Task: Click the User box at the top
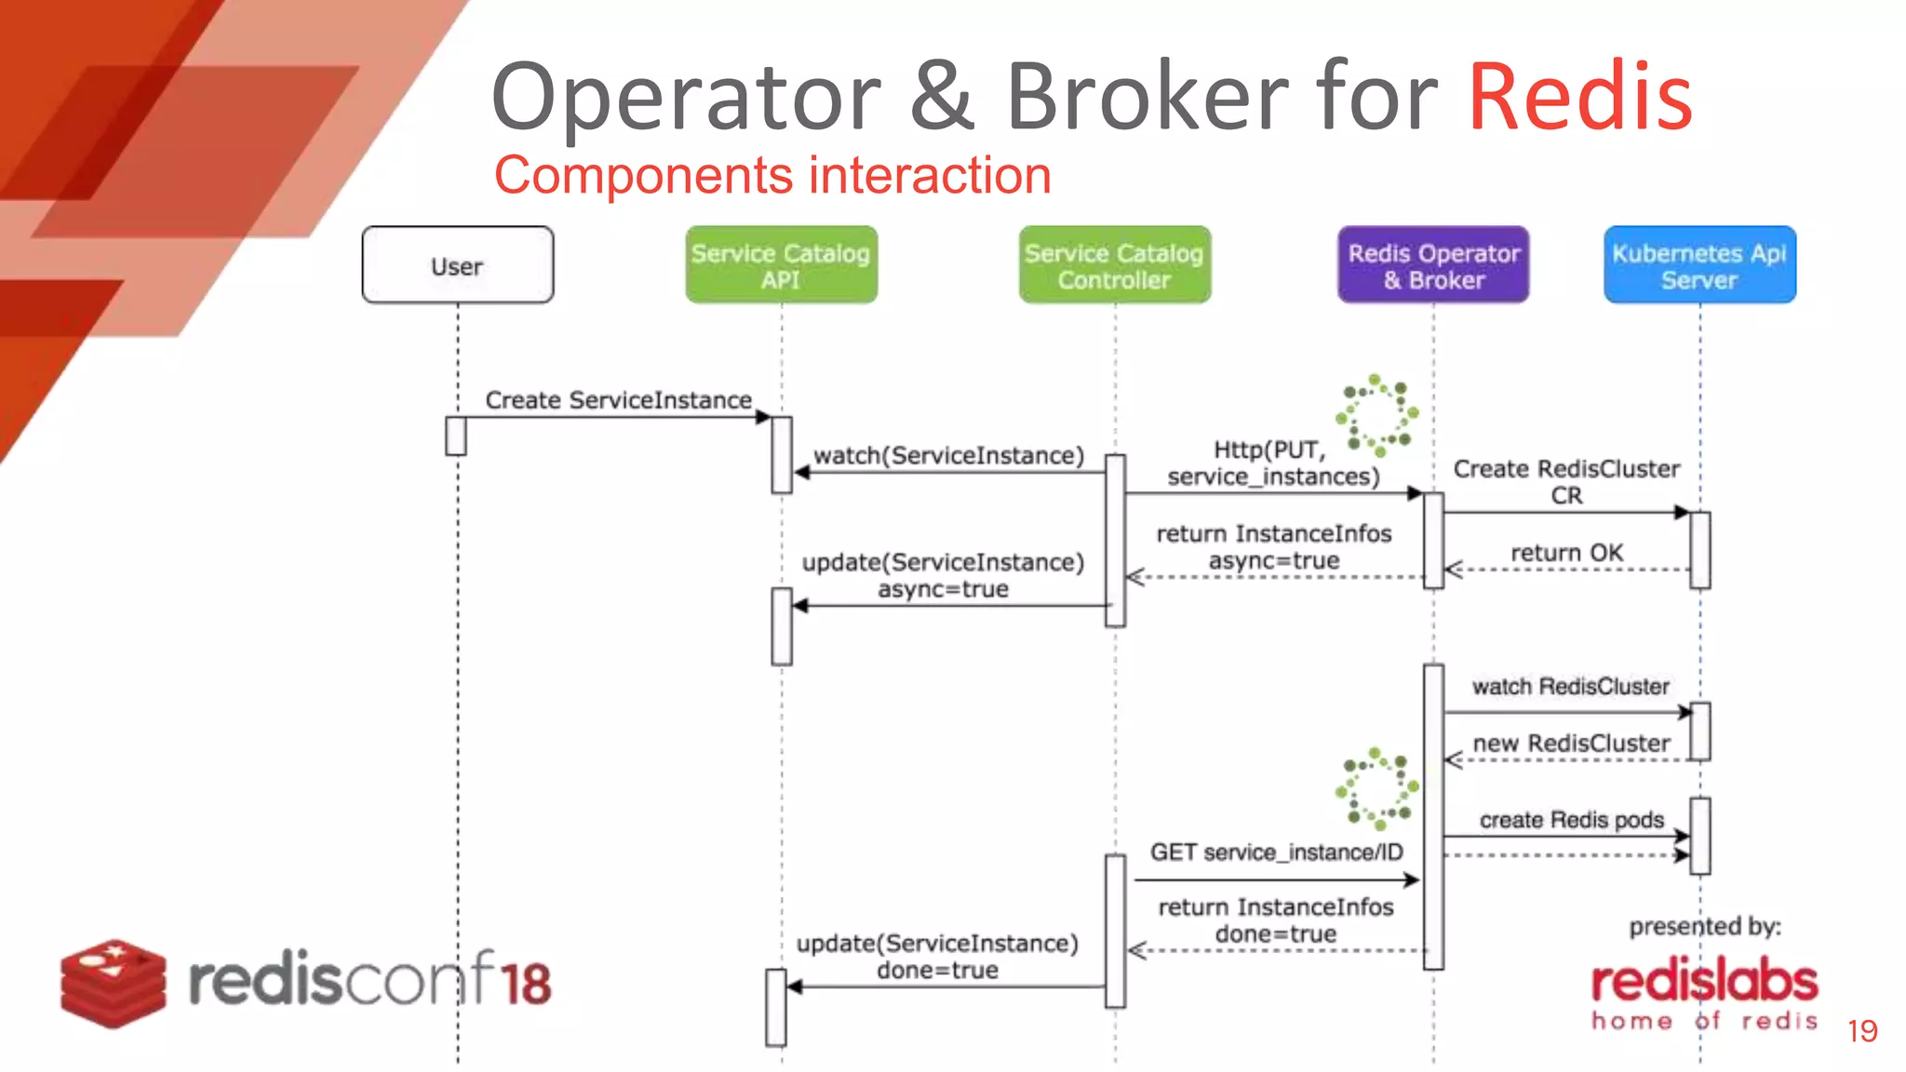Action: pos(457,265)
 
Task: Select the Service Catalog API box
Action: pos(781,265)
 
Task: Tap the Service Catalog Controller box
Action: pos(1114,265)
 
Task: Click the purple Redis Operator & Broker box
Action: pos(1433,265)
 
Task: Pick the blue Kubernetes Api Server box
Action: pos(1699,265)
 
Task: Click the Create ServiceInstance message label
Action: pos(618,400)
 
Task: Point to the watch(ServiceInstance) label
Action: pos(948,455)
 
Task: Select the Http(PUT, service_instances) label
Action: pos(1273,463)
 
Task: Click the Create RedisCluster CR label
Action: pos(1566,481)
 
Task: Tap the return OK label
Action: pos(1566,553)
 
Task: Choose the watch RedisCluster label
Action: pos(1570,687)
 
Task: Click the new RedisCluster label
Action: pos(1571,744)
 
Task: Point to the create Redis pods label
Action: pos(1571,820)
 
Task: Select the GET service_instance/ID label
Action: pos(1276,852)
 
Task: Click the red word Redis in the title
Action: pos(1580,97)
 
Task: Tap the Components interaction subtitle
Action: pos(772,175)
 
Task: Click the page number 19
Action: pos(1862,1031)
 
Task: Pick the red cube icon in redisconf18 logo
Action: pos(114,983)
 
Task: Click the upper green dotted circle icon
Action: pos(1376,415)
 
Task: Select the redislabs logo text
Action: pos(1704,983)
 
